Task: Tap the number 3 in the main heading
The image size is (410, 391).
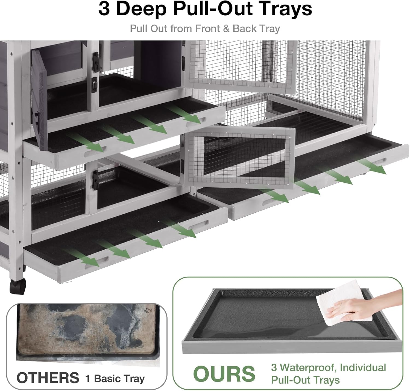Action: click(x=104, y=9)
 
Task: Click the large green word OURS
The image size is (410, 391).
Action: click(x=224, y=374)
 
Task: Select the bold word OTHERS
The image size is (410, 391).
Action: click(x=48, y=378)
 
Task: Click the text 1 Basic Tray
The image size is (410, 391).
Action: click(x=115, y=378)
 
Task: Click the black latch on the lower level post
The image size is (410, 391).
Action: click(x=95, y=180)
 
